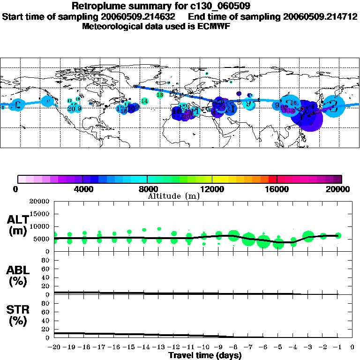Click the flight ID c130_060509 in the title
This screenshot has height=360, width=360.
click(221, 7)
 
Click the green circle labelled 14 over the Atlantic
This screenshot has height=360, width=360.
click(144, 101)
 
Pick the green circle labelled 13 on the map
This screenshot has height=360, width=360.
click(159, 95)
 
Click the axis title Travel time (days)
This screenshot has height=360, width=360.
click(205, 355)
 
